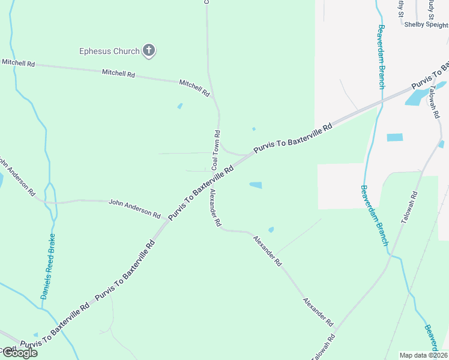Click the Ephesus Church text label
[x=109, y=52]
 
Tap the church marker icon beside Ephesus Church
[x=149, y=51]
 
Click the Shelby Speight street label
[x=426, y=25]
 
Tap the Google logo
[x=19, y=352]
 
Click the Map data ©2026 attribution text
[x=424, y=355]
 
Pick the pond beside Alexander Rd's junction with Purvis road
[x=255, y=185]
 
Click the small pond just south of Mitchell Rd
[x=179, y=107]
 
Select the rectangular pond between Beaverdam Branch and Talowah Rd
[x=394, y=137]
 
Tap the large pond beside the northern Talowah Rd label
[x=416, y=96]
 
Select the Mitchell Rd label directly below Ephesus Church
[x=118, y=73]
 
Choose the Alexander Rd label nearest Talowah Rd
[x=318, y=311]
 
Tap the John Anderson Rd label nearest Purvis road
[x=134, y=209]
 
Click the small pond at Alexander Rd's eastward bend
[x=271, y=229]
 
